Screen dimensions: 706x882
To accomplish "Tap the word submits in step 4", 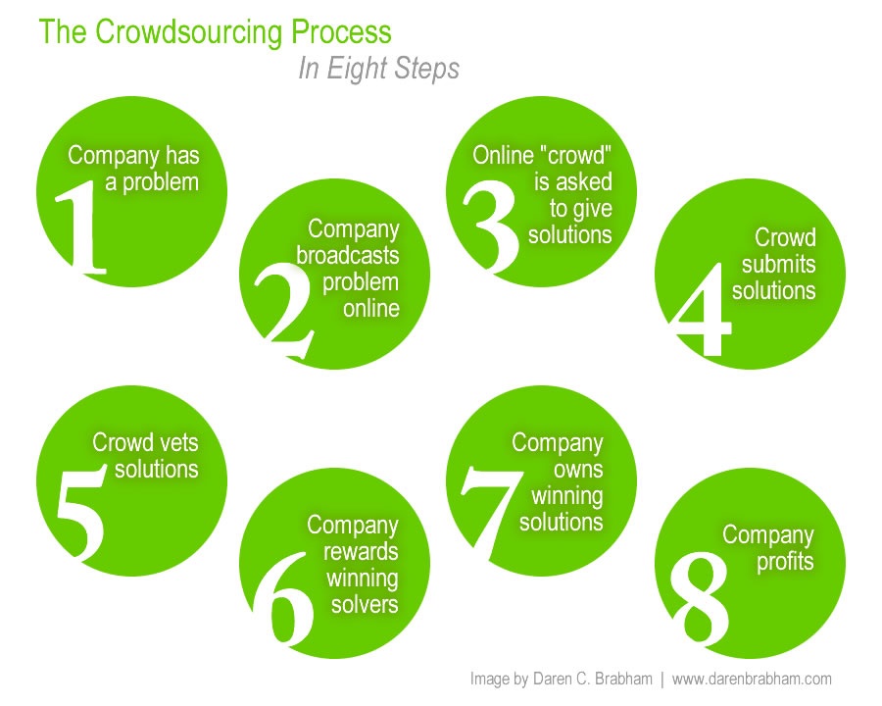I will [x=778, y=264].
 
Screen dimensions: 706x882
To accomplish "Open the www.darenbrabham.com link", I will [x=752, y=679].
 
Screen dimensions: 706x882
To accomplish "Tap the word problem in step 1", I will [x=160, y=181].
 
